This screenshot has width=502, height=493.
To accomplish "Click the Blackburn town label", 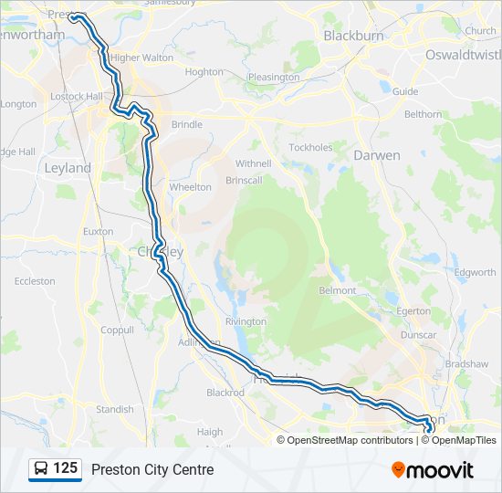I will (x=352, y=36).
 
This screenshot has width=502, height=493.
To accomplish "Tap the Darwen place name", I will (x=376, y=155).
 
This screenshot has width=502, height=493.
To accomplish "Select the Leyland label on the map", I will (x=68, y=168).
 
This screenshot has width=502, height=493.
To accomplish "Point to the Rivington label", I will (x=246, y=321).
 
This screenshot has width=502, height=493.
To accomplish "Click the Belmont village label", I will (x=337, y=290).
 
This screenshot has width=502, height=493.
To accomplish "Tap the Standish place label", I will (x=115, y=409).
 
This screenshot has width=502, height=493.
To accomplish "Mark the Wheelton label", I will (x=190, y=187).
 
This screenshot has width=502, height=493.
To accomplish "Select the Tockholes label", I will (x=310, y=147).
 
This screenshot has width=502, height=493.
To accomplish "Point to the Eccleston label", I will (x=35, y=281).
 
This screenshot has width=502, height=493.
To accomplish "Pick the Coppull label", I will (x=118, y=330).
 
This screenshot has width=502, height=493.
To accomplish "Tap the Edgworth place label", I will (x=476, y=272).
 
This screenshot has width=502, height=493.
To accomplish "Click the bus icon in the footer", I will (x=41, y=469).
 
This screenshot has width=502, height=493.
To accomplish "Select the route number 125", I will (x=65, y=469).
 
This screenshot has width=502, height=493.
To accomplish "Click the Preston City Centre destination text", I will (x=152, y=470).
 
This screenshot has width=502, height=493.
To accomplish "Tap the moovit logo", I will (x=433, y=470).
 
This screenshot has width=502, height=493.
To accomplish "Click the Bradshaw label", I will (x=465, y=364).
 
